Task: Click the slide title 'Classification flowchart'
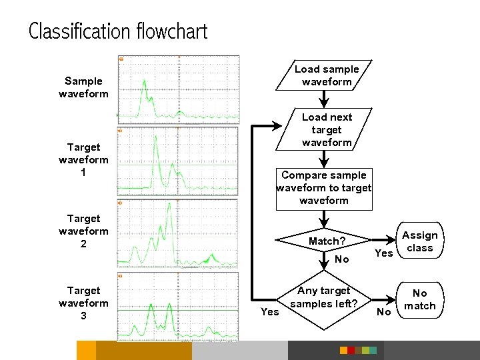[118, 31]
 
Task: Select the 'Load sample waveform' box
[326, 75]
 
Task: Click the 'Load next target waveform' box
[326, 129]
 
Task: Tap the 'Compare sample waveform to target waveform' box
[324, 187]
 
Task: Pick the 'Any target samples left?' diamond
[324, 297]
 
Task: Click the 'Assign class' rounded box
[420, 241]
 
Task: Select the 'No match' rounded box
[420, 299]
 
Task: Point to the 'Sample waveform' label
[83, 87]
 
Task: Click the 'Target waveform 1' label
[83, 160]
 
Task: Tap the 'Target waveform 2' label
[83, 231]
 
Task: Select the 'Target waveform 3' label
[83, 303]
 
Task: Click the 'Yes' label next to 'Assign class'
[384, 253]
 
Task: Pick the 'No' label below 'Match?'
[342, 259]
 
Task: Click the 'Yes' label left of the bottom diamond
[270, 311]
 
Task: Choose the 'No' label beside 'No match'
[384, 311]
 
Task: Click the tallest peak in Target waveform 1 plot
[155, 138]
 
